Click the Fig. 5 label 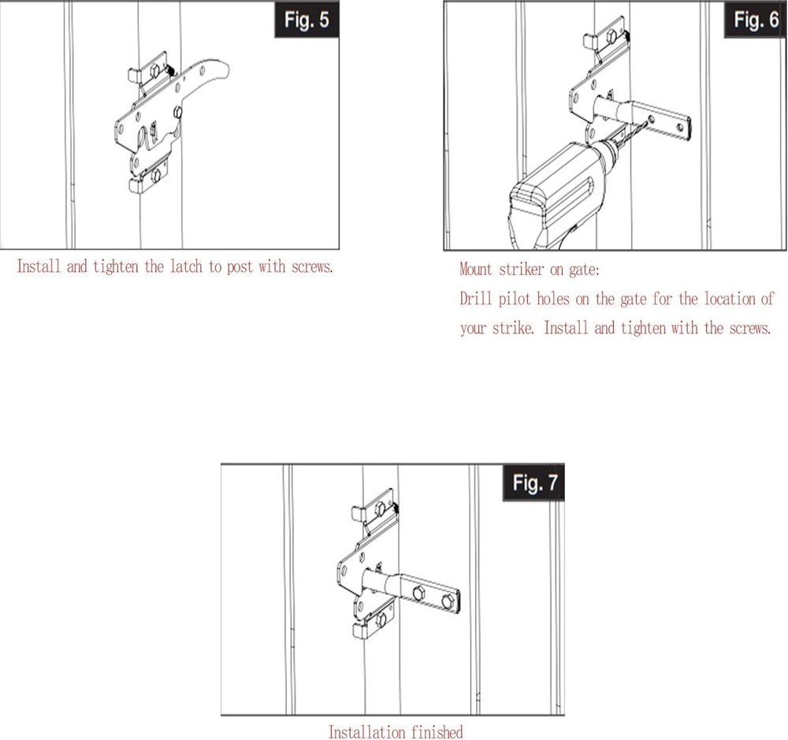(x=307, y=20)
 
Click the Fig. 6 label (x=755, y=20)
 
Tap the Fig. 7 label (x=533, y=483)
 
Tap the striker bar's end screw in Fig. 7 (x=448, y=601)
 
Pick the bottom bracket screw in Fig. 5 (x=156, y=174)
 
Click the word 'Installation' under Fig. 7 (x=366, y=732)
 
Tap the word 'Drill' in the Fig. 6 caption (x=474, y=299)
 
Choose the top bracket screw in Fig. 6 (x=611, y=35)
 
